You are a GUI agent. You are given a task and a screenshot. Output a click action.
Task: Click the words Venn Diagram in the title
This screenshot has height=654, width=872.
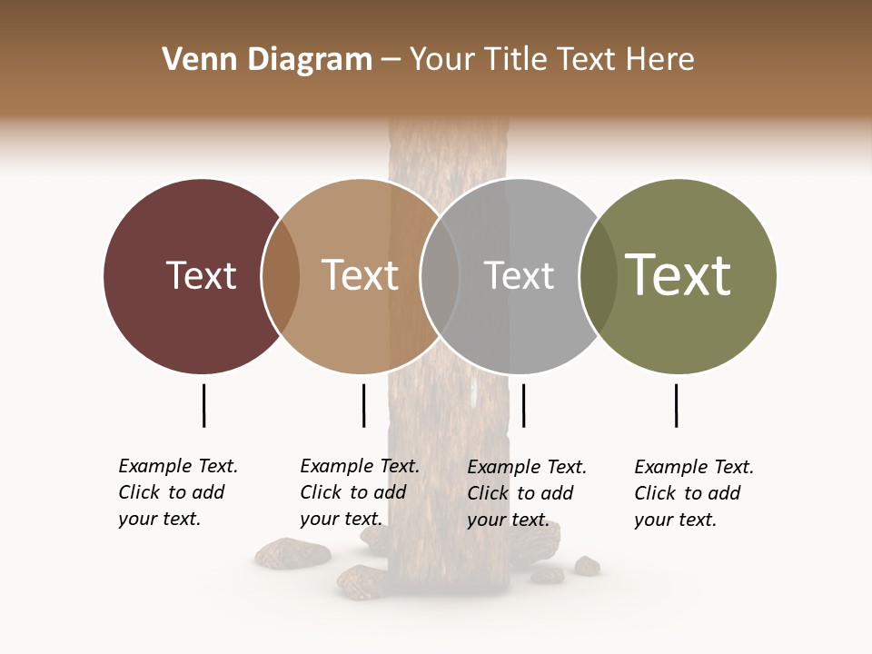(267, 60)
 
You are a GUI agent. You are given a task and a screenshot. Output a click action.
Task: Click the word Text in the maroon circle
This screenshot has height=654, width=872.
(201, 275)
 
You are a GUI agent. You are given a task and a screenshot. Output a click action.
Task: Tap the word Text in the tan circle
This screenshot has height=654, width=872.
(360, 275)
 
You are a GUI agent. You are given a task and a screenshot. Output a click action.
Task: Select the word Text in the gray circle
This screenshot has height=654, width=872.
(519, 275)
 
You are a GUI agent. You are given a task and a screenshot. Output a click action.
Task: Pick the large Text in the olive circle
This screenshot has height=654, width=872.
(678, 275)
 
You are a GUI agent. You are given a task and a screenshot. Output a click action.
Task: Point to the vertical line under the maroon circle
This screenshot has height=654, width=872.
(203, 405)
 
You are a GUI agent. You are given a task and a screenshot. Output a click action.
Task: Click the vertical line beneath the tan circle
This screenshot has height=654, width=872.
(363, 405)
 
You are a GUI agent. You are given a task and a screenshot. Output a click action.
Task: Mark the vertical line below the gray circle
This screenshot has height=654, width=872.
(523, 405)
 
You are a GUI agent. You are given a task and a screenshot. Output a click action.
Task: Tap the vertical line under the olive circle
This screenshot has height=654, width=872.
(676, 405)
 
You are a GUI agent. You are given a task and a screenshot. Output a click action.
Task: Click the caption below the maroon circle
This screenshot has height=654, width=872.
(177, 492)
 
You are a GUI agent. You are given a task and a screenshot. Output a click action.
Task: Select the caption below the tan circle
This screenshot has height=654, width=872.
(359, 492)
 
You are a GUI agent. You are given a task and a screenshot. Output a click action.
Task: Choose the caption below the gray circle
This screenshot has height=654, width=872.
(526, 493)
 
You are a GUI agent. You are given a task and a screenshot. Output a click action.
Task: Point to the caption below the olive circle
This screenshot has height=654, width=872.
(693, 493)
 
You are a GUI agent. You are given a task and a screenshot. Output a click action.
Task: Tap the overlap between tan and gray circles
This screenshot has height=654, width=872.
(440, 275)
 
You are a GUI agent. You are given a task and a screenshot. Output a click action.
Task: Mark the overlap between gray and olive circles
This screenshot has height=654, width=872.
(597, 275)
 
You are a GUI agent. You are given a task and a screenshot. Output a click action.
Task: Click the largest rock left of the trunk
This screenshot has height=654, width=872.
(292, 552)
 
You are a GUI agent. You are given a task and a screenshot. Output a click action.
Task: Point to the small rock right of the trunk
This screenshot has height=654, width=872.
(587, 566)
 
